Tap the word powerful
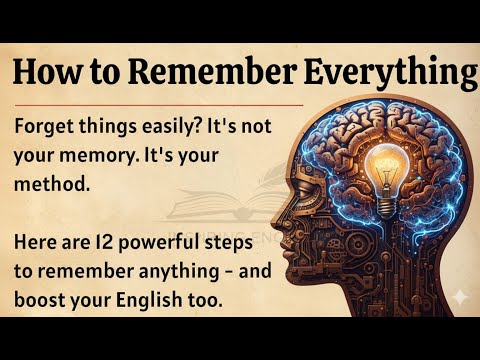pos(182,245)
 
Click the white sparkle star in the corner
pos(458,298)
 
